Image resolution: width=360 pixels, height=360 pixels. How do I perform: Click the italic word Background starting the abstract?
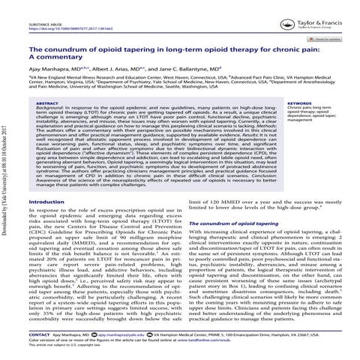tap(50, 110)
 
